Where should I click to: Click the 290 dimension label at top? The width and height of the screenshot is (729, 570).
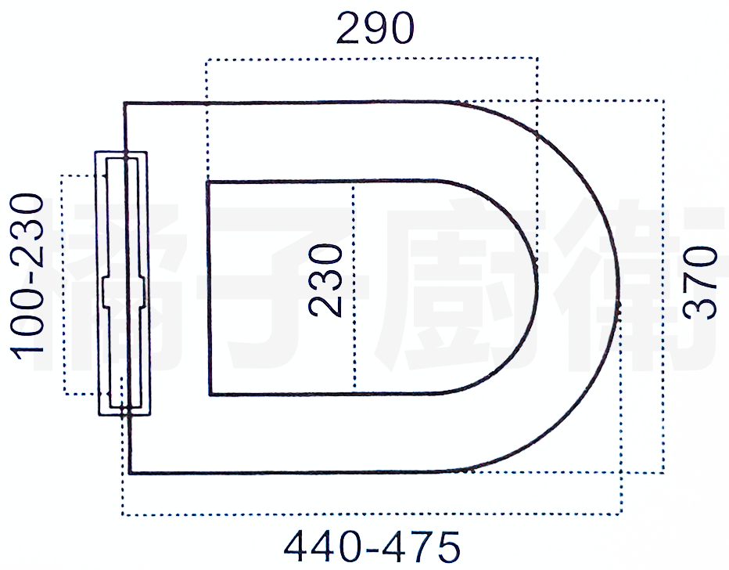click(x=375, y=28)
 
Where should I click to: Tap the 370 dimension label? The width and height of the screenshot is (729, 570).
click(x=700, y=283)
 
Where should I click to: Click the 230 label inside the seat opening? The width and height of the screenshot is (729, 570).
click(x=326, y=280)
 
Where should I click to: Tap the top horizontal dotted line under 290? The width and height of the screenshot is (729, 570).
click(x=372, y=59)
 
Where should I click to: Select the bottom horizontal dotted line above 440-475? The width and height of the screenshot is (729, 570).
click(x=372, y=514)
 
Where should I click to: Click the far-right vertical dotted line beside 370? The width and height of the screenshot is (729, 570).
click(x=663, y=286)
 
